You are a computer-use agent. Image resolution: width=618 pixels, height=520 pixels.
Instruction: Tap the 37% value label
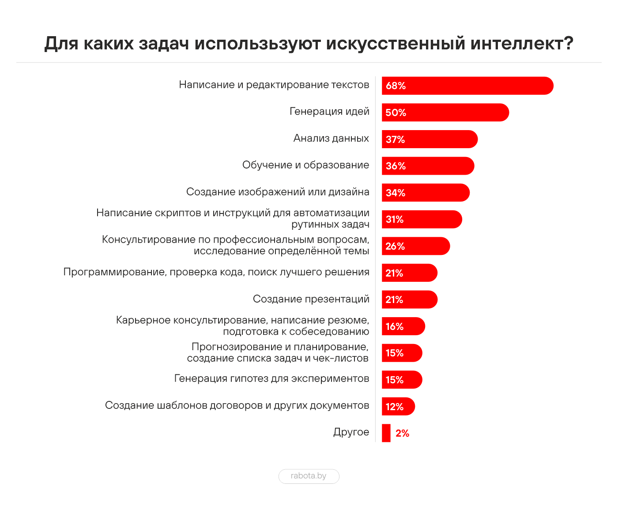(395, 139)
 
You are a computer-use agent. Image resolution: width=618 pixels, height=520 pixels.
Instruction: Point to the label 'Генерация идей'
(329, 112)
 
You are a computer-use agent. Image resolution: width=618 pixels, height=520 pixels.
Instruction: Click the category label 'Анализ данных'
(331, 138)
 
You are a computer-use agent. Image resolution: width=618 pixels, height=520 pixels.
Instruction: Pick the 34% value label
(395, 193)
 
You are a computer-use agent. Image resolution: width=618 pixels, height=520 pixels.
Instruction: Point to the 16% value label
(395, 326)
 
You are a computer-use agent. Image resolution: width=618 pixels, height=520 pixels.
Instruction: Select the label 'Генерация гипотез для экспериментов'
(271, 378)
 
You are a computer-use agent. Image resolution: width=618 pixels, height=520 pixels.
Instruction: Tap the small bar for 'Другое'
(386, 433)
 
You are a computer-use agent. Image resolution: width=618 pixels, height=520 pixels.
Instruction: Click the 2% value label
(402, 433)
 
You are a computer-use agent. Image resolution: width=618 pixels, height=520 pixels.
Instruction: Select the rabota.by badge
(309, 476)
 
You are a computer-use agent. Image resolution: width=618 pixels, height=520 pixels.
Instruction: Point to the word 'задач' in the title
(164, 44)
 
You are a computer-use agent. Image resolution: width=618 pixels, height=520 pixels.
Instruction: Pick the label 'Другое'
(351, 432)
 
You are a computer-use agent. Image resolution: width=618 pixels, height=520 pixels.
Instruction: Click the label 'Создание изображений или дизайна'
(278, 192)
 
